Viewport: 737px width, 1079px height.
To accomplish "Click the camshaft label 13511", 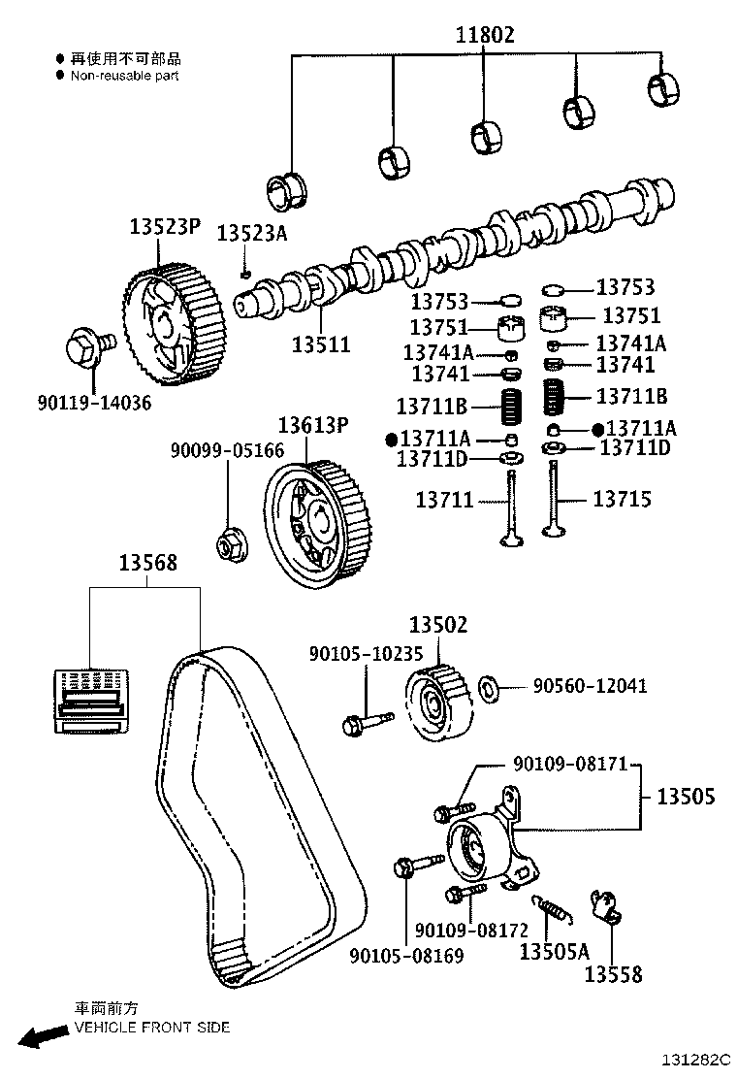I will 321,343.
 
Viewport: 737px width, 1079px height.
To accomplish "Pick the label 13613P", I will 312,425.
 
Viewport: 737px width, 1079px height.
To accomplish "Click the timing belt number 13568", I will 147,563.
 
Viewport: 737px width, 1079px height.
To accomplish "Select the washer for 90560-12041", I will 491,688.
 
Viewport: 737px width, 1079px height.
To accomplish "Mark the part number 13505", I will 686,797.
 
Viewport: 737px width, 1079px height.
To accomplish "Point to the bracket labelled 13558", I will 606,910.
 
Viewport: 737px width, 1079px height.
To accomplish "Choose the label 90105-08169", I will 406,956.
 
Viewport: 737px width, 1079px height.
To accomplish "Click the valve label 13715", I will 622,500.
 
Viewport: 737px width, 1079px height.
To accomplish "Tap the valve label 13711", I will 444,501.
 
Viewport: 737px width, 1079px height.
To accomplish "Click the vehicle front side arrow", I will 43,1036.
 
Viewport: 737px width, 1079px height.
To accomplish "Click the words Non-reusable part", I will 124,75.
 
